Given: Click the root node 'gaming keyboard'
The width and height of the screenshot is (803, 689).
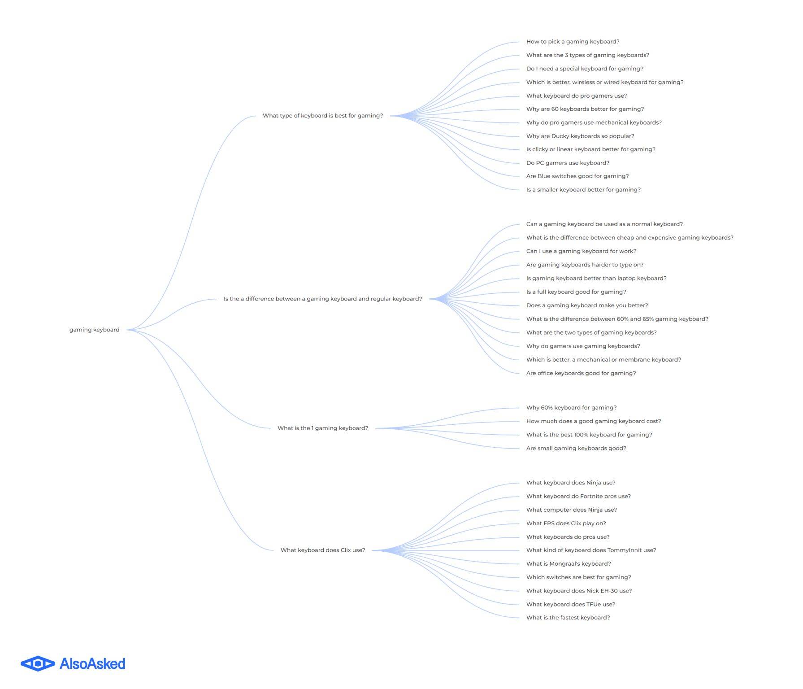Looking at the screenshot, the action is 94,330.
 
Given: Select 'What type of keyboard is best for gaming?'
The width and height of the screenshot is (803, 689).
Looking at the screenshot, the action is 323,116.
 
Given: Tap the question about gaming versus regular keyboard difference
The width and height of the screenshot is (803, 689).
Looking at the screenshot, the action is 323,299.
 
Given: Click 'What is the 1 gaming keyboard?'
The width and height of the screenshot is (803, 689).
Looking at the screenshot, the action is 323,428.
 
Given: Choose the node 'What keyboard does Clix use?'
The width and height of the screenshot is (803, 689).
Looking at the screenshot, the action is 323,550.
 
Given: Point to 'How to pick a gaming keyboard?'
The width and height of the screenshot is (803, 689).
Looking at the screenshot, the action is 573,42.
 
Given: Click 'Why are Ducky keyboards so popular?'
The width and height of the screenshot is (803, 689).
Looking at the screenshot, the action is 580,136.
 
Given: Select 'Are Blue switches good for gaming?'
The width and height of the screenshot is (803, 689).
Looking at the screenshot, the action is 577,176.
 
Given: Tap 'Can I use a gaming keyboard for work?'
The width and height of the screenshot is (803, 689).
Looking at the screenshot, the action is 581,251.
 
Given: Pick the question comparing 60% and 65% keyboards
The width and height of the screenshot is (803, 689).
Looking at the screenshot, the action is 617,319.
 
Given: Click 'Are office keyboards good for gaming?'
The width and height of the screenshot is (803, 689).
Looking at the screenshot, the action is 581,373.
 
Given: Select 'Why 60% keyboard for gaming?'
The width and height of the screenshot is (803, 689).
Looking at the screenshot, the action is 571,408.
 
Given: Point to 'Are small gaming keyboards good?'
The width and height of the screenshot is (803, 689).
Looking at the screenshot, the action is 576,448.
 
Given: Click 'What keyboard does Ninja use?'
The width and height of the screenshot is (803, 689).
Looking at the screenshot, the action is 571,483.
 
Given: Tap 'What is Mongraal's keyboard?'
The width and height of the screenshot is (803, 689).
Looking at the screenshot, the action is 569,564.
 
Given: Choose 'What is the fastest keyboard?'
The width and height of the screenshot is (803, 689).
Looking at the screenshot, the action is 568,618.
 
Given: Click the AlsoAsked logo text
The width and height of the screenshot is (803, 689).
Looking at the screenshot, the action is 92,663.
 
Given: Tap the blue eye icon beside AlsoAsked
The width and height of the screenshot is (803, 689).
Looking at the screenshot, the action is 38,663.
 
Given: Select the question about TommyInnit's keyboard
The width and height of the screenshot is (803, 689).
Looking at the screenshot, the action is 591,550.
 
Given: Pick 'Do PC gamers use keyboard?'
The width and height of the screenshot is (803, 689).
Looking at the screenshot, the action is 568,163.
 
